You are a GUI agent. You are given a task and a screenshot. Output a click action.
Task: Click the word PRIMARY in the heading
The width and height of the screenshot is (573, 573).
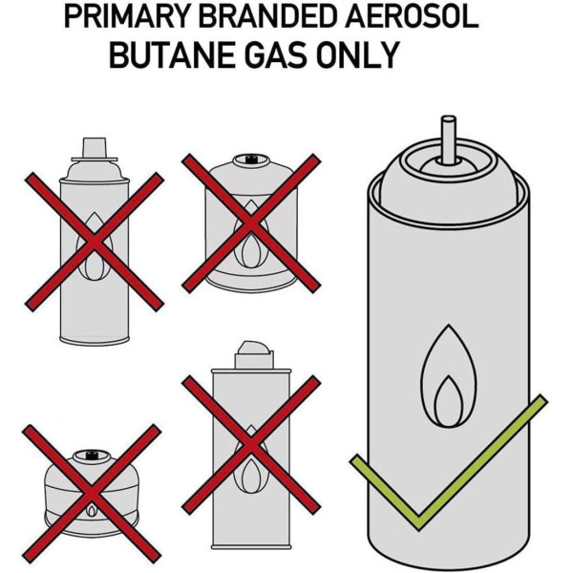[126, 17]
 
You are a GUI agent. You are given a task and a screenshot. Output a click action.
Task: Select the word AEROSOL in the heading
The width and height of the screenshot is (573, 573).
[411, 17]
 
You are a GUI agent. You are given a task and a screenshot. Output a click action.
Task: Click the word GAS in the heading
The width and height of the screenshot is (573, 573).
[275, 55]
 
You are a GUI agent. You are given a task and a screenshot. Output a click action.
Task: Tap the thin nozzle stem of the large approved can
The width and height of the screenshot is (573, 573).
[449, 139]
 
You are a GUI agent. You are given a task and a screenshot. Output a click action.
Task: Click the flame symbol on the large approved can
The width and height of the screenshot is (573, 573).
[449, 375]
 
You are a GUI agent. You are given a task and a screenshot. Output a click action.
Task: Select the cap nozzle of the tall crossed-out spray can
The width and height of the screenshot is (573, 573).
[95, 148]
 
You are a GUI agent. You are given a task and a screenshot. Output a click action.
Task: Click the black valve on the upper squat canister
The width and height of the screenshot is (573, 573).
[250, 159]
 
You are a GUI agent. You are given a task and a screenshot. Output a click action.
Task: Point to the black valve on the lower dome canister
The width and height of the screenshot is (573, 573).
[91, 456]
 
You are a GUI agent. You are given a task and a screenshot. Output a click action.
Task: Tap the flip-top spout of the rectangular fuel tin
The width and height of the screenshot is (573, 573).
[254, 354]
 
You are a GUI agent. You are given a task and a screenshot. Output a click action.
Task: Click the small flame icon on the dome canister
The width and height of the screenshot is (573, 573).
[92, 509]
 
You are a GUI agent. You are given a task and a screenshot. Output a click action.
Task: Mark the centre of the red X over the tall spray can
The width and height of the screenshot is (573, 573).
[94, 242]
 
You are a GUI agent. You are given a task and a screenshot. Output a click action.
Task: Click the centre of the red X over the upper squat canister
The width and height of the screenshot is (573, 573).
[251, 223]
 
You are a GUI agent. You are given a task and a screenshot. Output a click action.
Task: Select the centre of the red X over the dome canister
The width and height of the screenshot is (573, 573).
[92, 494]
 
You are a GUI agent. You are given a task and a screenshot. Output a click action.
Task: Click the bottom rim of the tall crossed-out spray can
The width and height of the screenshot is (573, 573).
[95, 340]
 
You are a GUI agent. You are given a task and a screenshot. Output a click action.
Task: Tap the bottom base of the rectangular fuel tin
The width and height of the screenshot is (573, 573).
[251, 546]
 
